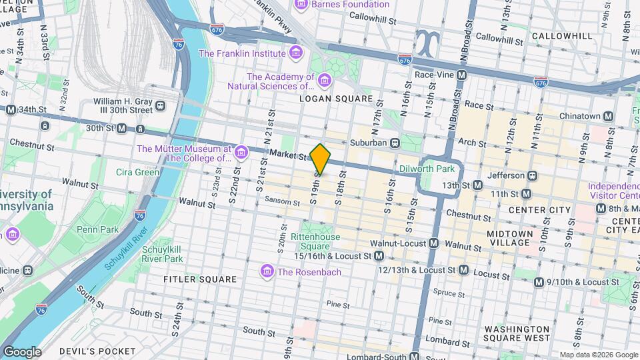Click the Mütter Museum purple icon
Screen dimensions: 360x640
[x=241, y=154]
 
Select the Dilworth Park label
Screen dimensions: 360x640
[x=427, y=169]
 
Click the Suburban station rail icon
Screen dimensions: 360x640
[x=395, y=142]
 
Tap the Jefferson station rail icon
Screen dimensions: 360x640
[x=532, y=175]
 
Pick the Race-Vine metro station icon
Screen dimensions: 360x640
[x=460, y=75]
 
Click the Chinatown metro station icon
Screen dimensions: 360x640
[x=608, y=116]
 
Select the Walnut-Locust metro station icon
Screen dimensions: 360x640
[x=433, y=243]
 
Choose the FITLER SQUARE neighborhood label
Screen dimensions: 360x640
[x=199, y=279]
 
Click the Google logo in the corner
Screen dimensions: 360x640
[x=22, y=351]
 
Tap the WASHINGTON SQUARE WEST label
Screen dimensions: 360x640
[x=517, y=334]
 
